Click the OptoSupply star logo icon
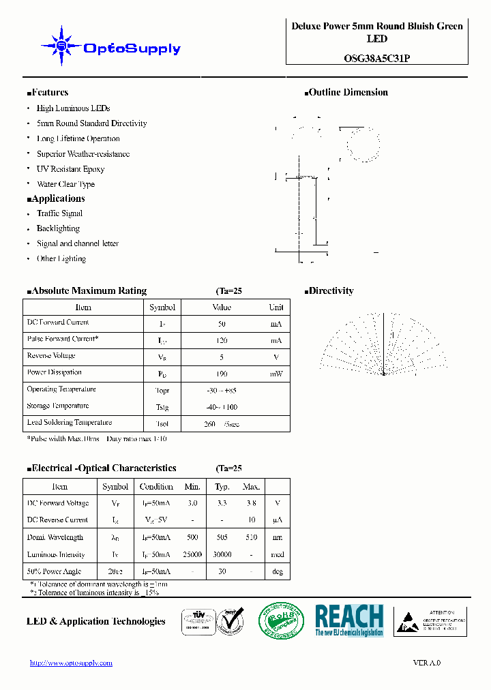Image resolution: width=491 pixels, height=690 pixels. point(61,46)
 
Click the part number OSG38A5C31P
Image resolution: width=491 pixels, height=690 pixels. point(377,59)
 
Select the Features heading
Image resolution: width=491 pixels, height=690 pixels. point(48,93)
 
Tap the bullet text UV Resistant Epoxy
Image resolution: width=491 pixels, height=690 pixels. point(70,169)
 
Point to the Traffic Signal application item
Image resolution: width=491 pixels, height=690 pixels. point(59,213)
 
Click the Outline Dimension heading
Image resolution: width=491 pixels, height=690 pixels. point(347,93)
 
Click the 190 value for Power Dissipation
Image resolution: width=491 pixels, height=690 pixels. point(222,374)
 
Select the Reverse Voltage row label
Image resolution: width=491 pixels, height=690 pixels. point(51,356)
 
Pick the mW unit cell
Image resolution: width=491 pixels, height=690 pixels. point(276,374)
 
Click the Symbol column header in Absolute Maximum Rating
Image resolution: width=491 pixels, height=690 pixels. point(162,307)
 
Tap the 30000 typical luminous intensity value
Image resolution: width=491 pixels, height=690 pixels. point(222,555)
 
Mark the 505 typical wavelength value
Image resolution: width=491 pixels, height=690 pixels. point(222,537)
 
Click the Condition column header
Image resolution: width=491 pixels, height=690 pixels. point(156,487)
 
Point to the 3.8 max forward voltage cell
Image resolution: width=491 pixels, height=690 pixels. point(251,503)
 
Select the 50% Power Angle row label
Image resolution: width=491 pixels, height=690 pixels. point(54,571)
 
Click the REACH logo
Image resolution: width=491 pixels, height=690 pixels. point(349,620)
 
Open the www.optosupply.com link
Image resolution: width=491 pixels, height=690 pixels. point(71,663)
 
